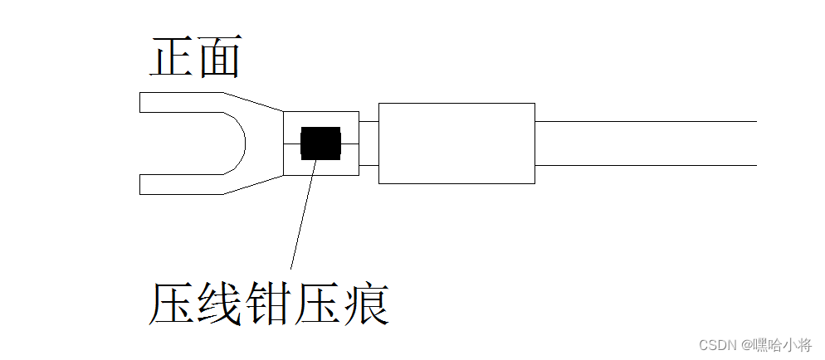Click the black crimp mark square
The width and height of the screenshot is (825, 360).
point(320,143)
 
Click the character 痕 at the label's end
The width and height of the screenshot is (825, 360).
point(366,304)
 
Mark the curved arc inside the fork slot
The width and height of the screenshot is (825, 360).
point(242,143)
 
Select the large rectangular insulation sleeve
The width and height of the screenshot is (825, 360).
point(456,143)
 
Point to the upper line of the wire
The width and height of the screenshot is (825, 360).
point(647,121)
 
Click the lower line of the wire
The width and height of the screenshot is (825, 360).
point(647,165)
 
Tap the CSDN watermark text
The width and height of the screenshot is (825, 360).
point(718,344)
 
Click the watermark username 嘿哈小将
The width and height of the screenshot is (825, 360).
point(784,344)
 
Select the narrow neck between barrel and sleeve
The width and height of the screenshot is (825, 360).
point(369,143)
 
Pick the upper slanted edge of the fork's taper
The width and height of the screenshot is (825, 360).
point(254,102)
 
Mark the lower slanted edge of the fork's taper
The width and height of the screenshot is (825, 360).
point(254,184)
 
